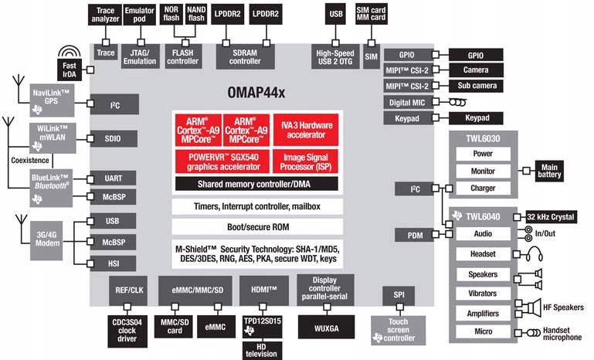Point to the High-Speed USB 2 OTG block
(335, 56)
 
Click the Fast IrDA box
(70, 70)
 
